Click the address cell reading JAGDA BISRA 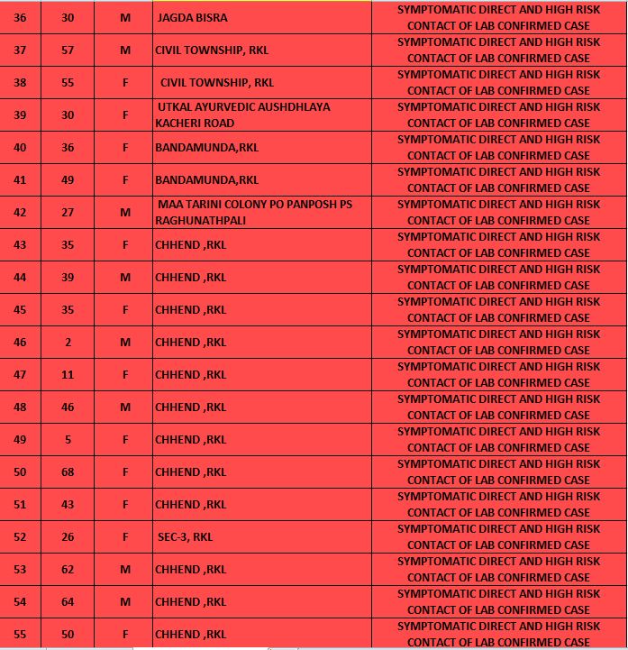tap(193, 18)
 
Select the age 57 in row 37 tap(68, 50)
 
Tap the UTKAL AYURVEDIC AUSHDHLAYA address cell tap(242, 114)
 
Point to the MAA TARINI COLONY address tap(253, 212)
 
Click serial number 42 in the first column tap(20, 213)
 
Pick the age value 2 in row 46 tap(68, 343)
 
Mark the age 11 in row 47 tap(68, 375)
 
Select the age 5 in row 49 tap(68, 440)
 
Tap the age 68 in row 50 tap(68, 472)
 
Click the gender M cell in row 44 tap(125, 278)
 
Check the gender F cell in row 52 tap(125, 537)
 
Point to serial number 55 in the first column tap(20, 635)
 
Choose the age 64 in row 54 tap(68, 602)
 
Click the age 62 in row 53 tap(68, 570)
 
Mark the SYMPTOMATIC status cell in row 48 tap(498, 407)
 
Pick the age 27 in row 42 tap(68, 213)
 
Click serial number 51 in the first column tap(20, 505)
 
